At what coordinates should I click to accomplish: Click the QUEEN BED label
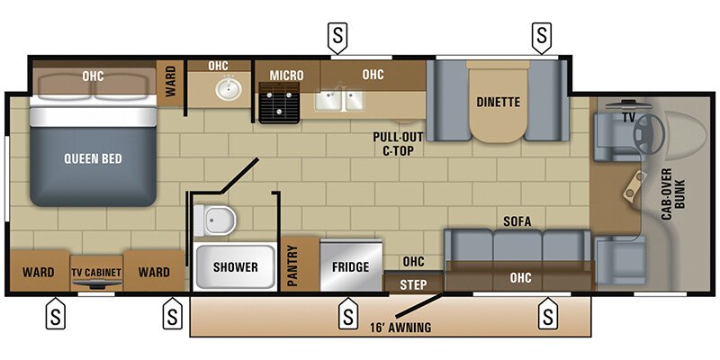coord(93,158)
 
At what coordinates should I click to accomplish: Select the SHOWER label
coord(235,267)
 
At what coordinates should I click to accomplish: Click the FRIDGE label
coord(351,267)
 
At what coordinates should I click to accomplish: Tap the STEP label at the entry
coord(413,285)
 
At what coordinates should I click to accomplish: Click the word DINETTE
coord(498,102)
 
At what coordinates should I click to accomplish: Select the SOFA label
coord(516,221)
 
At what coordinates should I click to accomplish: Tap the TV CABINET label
coord(95,272)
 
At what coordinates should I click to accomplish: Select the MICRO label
coord(287,75)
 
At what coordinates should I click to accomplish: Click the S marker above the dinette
coord(541,37)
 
